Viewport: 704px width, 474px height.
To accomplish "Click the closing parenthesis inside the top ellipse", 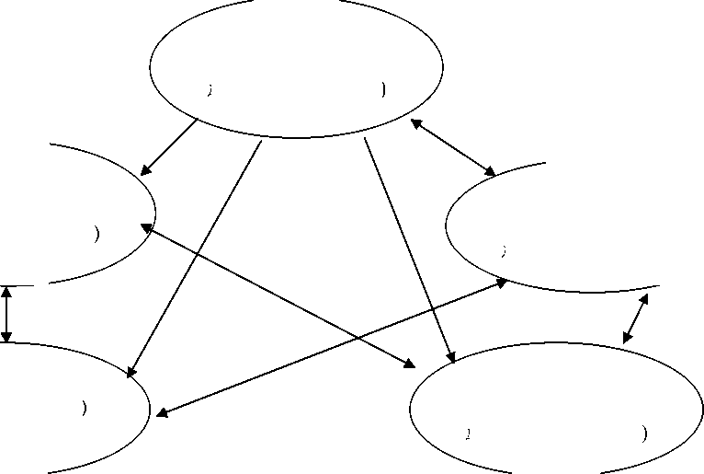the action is click(381, 90).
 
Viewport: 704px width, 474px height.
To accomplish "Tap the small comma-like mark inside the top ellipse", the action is click(210, 90).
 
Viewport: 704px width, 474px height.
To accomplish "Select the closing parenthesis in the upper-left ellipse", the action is click(97, 234).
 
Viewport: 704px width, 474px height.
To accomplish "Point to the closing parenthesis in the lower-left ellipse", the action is click(84, 408).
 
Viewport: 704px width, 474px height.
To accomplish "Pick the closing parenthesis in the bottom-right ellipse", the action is click(642, 433).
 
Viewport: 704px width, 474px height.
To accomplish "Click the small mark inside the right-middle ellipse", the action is click(502, 249).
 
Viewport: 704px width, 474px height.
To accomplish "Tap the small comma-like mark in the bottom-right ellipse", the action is click(468, 432).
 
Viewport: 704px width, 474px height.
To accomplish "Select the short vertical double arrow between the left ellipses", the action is click(7, 315).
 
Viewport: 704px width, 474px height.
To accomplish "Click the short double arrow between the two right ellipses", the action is click(636, 318).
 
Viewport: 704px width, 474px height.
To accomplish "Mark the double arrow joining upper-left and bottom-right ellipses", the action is click(276, 293).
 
